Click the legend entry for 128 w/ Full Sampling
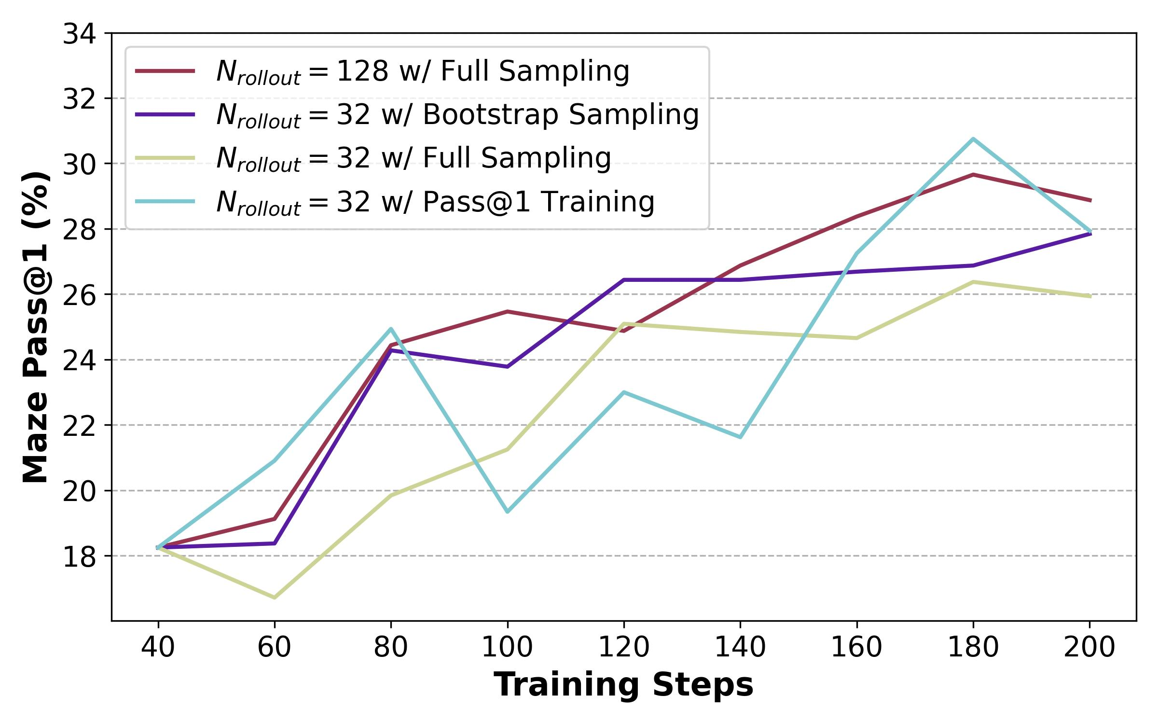[422, 71]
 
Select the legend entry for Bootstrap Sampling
[457, 115]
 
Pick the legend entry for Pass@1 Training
[435, 202]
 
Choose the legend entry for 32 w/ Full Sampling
[413, 158]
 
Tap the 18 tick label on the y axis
[79, 557]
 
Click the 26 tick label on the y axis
[79, 295]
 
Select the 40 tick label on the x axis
[158, 647]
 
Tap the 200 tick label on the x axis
[1089, 647]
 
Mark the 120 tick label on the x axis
[623, 647]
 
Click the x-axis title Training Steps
[623, 684]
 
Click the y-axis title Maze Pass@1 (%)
[36, 327]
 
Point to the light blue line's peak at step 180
[973, 139]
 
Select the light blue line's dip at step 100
[507, 512]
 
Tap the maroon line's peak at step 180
[973, 174]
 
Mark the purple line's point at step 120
[623, 280]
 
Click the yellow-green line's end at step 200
[1090, 297]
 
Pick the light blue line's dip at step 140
[740, 437]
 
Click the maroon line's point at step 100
[507, 311]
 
